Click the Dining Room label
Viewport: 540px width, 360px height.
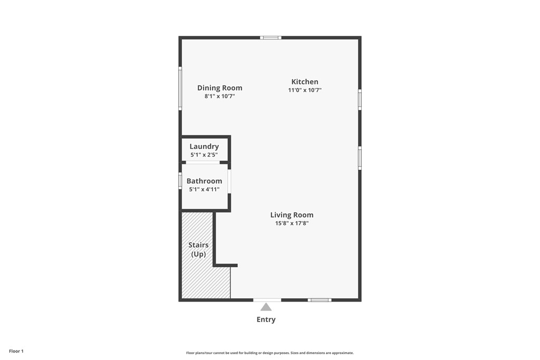219,88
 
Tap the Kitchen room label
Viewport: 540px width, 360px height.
305,82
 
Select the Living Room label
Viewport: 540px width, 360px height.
292,215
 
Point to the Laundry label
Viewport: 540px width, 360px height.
204,147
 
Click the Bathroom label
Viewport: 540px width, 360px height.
204,181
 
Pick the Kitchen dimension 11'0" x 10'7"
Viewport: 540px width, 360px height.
305,90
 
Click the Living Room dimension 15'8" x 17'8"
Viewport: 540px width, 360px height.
292,223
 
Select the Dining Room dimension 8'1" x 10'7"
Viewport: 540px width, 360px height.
219,96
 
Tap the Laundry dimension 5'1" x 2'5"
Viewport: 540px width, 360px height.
204,155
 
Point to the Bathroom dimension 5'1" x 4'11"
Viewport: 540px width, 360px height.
204,189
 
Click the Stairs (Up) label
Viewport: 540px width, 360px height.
198,249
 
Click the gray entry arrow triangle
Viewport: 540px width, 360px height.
266,307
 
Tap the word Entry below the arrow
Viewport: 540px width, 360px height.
266,319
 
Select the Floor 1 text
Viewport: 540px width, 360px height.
16,351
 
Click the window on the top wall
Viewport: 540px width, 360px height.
271,37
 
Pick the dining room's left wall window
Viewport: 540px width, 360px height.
180,88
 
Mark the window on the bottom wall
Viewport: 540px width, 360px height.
320,300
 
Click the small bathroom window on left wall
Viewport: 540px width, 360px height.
180,181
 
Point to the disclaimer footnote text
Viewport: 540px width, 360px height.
269,353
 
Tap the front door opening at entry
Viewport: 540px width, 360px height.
267,300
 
